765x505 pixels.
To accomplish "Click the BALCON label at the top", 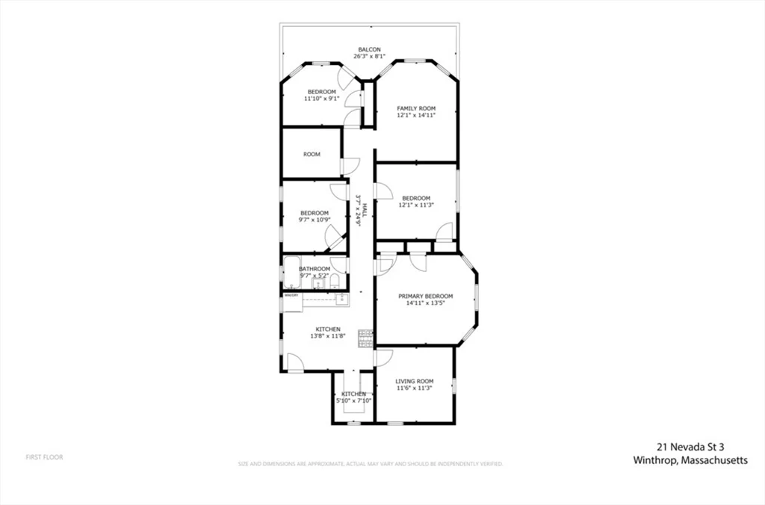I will (369, 50).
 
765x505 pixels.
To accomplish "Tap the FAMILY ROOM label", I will (416, 108).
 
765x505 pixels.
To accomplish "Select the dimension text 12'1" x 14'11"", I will (416, 116).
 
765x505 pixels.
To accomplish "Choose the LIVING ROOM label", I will (415, 382).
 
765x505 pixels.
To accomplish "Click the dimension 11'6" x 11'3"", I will (415, 388).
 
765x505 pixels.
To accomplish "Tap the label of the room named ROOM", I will (312, 155).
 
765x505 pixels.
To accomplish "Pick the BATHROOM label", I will (315, 269).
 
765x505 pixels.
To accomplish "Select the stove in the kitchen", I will (365, 338).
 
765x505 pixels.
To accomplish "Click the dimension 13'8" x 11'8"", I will (328, 336).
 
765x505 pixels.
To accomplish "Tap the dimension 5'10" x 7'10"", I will (354, 401).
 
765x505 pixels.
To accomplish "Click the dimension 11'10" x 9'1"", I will (322, 99).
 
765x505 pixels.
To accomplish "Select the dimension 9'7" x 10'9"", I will (315, 220).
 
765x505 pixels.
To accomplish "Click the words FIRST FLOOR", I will (45, 457).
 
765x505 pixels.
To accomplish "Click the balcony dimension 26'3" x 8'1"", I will (369, 57).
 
